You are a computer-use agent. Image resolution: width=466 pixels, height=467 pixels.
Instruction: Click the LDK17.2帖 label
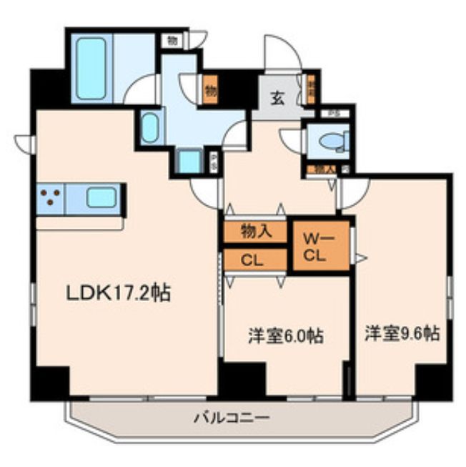118,293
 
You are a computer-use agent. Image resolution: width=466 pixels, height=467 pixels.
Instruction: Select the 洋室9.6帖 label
401,333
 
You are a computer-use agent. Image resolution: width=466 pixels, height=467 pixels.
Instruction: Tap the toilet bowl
333,142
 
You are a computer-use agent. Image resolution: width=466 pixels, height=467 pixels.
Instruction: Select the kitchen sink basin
101,197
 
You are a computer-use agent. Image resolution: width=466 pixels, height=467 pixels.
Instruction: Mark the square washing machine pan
189,161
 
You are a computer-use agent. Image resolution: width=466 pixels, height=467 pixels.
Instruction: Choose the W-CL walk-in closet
320,246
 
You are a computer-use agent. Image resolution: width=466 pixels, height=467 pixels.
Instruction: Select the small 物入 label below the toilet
324,170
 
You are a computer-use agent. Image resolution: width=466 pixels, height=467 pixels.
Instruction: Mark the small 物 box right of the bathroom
172,40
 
